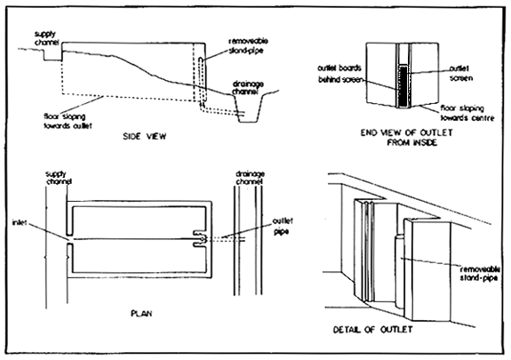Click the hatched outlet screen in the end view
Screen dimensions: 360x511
point(406,81)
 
